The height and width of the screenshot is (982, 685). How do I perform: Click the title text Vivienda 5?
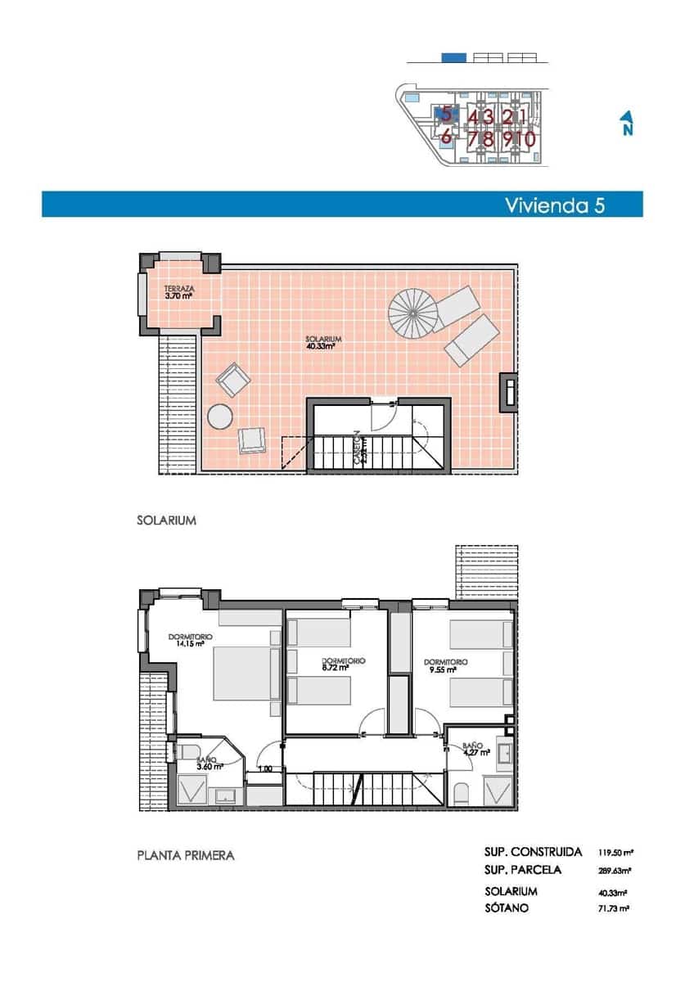pos(555,205)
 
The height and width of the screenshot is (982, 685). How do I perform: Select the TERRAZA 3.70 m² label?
pos(178,292)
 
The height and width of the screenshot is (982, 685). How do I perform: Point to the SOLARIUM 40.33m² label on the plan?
pos(322,342)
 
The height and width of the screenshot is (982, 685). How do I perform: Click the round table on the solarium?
pos(221,417)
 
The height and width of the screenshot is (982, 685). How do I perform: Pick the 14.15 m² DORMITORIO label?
pos(190,640)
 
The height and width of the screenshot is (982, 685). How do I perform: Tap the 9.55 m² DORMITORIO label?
pos(446,665)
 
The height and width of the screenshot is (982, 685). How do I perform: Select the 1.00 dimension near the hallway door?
pos(265,768)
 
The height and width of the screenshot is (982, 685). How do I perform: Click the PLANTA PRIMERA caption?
pos(186,856)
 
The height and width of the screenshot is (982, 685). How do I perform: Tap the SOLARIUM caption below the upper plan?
pos(166,520)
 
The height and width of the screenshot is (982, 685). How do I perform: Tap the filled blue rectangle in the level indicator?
pos(453,57)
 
